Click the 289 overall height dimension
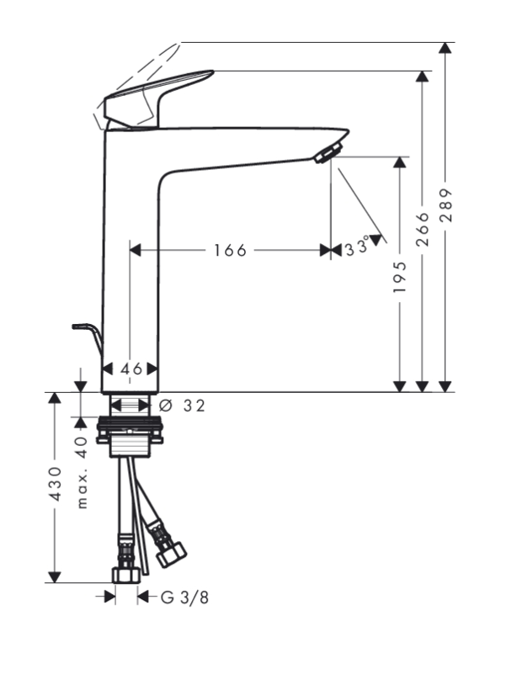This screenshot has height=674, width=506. (447, 204)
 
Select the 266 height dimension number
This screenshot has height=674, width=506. (423, 229)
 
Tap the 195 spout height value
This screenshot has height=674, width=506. (400, 277)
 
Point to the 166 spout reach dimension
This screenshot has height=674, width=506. (230, 250)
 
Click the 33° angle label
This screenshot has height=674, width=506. (358, 247)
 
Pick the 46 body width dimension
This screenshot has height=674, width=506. (131, 369)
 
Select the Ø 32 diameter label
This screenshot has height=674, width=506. (182, 406)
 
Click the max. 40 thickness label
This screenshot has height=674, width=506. (83, 472)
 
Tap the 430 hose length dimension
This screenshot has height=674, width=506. (56, 484)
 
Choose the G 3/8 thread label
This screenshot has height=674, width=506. (184, 597)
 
